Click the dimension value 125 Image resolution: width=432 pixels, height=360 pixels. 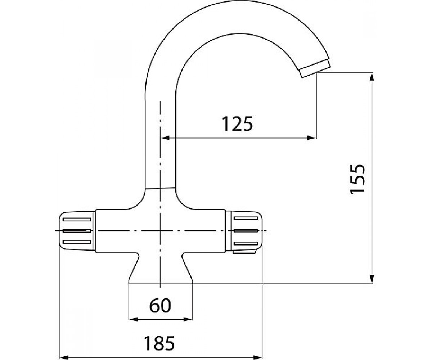[x=237, y=124]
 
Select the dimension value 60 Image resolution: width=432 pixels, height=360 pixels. [x=160, y=305]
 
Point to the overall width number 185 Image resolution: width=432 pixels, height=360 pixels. [x=159, y=343]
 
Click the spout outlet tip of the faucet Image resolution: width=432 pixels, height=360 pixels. [x=315, y=69]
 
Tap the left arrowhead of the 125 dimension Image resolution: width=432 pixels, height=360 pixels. [x=165, y=138]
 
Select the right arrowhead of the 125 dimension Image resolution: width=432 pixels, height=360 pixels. [x=312, y=138]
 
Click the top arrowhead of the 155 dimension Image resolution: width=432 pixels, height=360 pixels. [x=372, y=77]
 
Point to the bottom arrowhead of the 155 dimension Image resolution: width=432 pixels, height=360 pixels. [x=372, y=279]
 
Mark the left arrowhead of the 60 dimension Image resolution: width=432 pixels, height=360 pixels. [x=133, y=319]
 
